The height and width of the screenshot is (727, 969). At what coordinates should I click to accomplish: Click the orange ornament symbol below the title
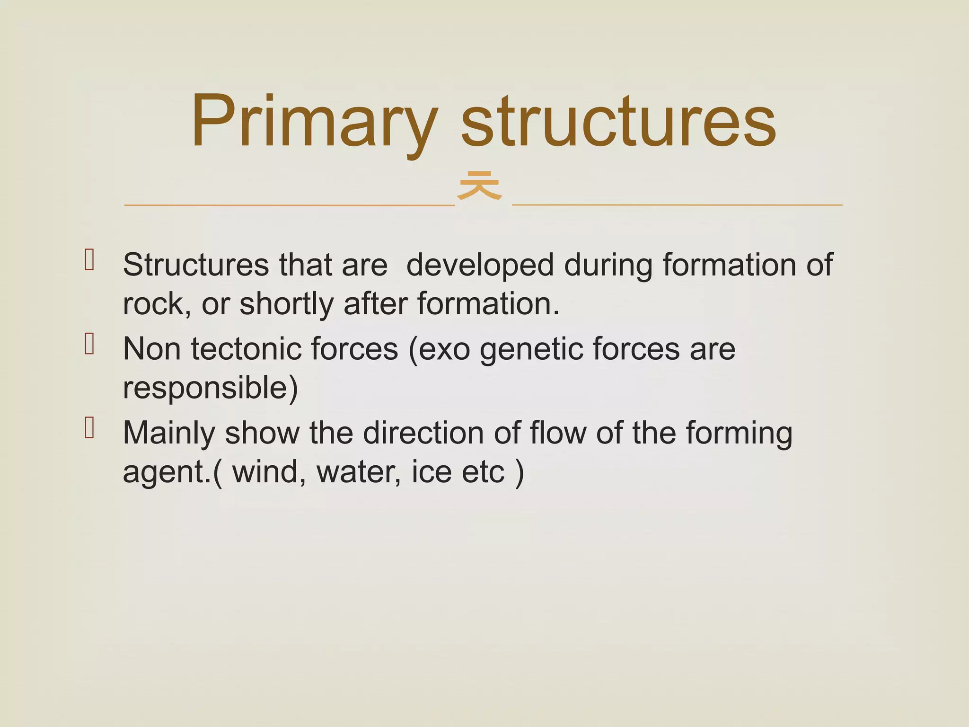(479, 186)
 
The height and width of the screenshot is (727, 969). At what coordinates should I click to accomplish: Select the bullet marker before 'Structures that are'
(89, 260)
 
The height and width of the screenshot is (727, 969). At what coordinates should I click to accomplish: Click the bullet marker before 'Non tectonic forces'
(89, 344)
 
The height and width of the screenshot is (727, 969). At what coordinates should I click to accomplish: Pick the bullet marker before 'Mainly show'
(89, 428)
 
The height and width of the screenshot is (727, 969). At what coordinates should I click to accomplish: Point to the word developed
(479, 265)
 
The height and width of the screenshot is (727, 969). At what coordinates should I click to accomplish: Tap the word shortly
(286, 304)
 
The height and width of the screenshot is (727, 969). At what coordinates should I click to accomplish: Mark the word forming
(739, 434)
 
